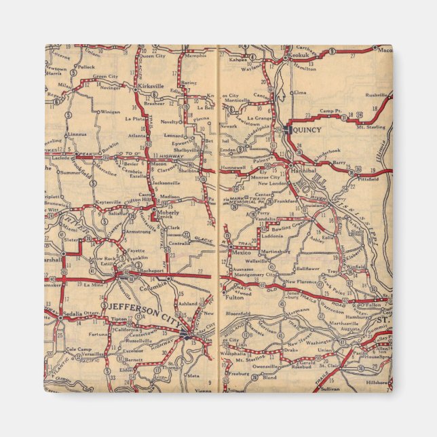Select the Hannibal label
tap(303, 173)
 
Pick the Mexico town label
tap(242, 252)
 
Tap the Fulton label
tap(233, 297)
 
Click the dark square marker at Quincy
tap(288, 128)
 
